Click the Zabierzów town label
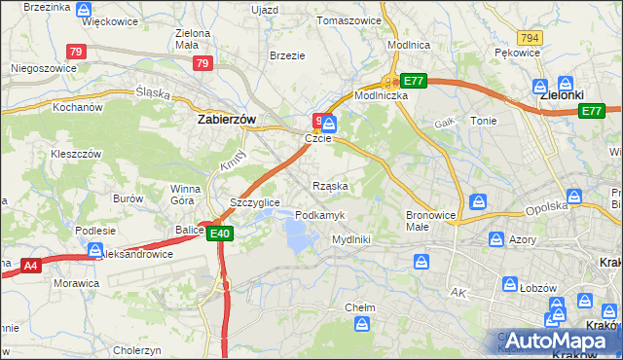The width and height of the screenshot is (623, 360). (227, 119)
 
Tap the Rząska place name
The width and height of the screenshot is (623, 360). (330, 185)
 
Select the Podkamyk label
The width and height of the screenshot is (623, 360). (318, 214)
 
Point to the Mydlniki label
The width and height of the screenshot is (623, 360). (350, 238)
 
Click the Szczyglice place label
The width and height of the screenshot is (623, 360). (255, 201)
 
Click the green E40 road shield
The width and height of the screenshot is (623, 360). (219, 233)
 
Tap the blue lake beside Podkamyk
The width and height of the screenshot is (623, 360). (297, 233)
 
